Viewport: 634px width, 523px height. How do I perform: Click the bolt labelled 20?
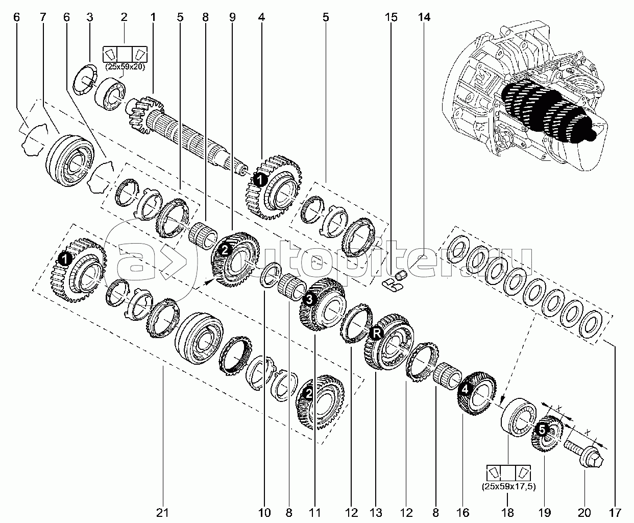(x=584, y=453)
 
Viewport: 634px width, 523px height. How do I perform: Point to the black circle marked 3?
(x=308, y=299)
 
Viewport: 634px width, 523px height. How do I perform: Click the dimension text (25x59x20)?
(x=125, y=66)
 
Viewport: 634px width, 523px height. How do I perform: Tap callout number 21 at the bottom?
(x=163, y=512)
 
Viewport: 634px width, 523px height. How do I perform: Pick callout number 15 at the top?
(x=391, y=17)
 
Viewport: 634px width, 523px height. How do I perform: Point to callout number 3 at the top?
(x=90, y=17)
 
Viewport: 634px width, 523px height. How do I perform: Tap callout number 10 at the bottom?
(x=264, y=512)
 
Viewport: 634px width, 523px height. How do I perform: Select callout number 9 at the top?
(x=232, y=17)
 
